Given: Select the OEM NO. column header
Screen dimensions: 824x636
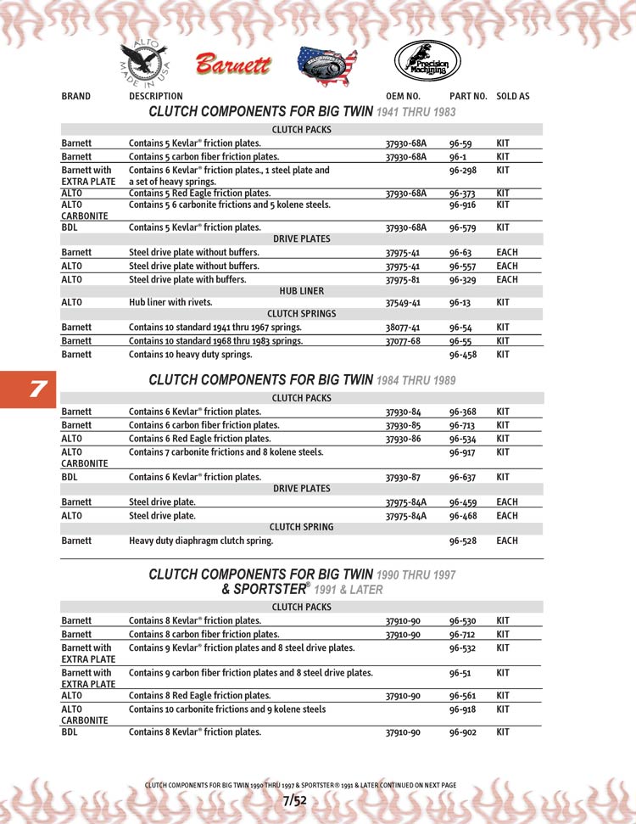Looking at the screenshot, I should click(x=403, y=97).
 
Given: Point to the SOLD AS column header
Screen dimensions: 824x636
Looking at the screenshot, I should click(x=512, y=97).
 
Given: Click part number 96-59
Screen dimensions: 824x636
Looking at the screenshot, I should click(x=460, y=144).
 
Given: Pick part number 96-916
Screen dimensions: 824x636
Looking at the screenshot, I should click(x=461, y=205).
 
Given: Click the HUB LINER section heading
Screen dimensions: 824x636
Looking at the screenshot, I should click(x=302, y=290).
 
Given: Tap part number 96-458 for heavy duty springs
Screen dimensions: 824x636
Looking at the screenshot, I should click(x=463, y=354).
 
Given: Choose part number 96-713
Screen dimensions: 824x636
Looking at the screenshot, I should click(x=463, y=425).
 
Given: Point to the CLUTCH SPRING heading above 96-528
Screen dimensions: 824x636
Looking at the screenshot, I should click(x=301, y=527).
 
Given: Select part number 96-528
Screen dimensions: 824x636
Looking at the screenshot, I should click(x=463, y=541).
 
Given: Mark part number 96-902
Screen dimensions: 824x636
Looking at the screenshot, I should click(x=463, y=732).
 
